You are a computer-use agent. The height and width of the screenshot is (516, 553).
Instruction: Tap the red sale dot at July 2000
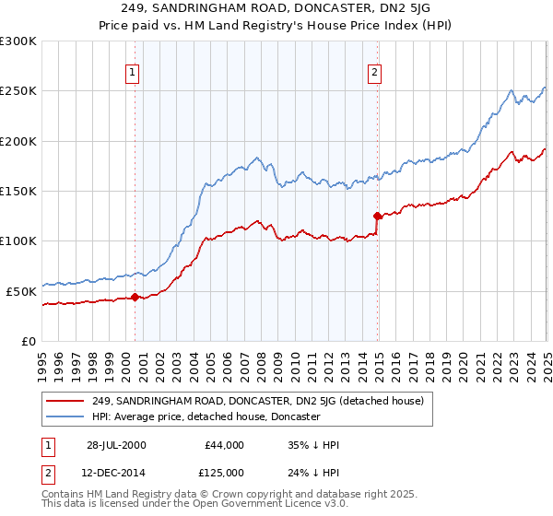pyautogui.click(x=135, y=297)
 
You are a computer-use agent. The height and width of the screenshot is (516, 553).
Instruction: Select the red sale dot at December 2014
pyautogui.click(x=377, y=216)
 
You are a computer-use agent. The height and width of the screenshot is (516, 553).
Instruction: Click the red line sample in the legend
pyautogui.click(x=65, y=401)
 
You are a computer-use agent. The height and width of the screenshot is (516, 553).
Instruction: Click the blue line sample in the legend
pyautogui.click(x=65, y=416)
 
